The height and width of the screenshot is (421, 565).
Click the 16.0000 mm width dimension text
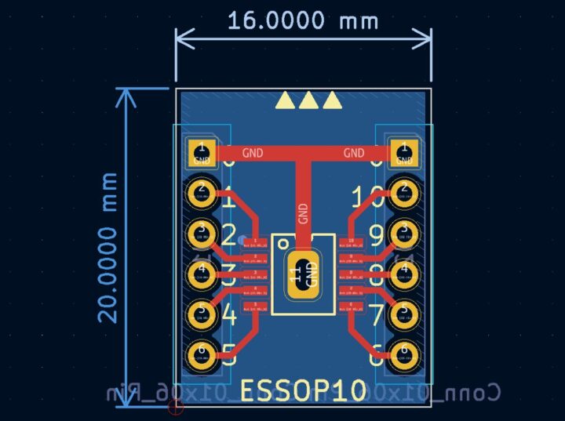coord(303,20)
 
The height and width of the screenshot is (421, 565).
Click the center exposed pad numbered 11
coord(303,274)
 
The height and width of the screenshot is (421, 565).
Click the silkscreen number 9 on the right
coord(376,235)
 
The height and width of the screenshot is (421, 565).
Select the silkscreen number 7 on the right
coord(376,315)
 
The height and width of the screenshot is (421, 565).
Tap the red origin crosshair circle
coord(176,406)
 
